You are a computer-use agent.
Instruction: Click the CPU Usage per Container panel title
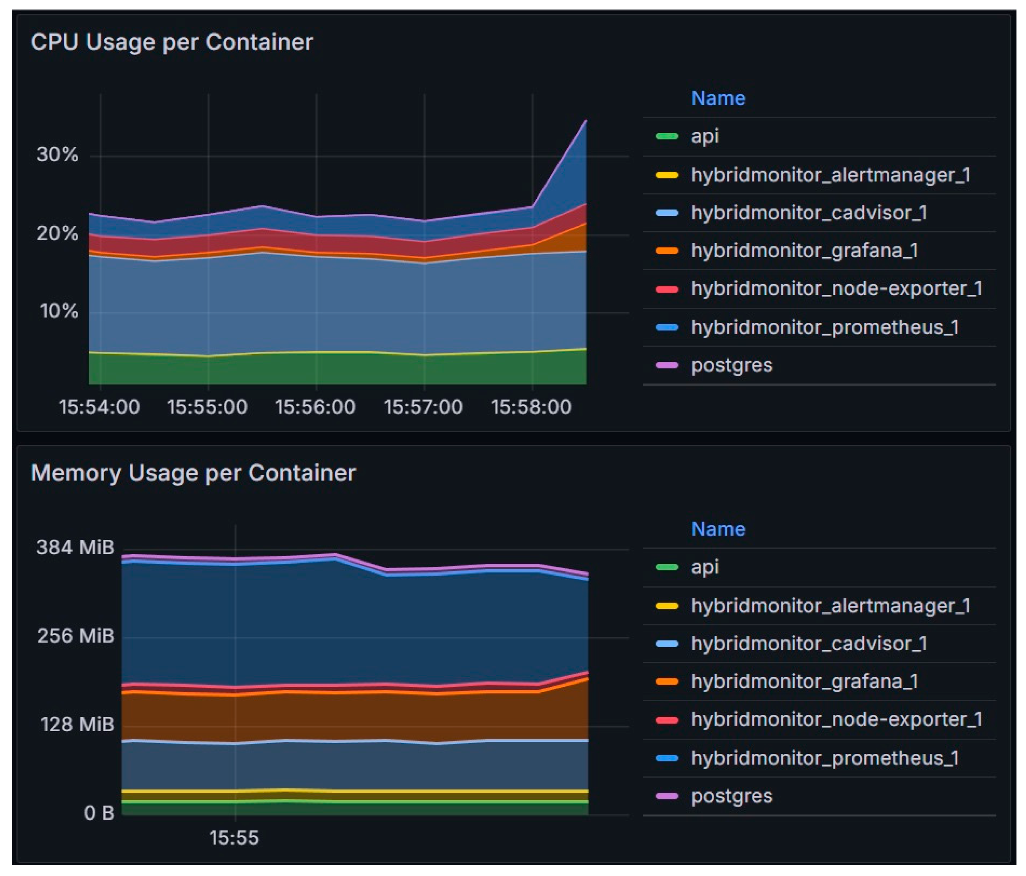pos(171,42)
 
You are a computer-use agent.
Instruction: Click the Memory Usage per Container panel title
pos(193,473)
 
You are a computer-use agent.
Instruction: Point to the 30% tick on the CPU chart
pos(57,155)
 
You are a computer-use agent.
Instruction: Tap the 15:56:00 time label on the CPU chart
pos(315,407)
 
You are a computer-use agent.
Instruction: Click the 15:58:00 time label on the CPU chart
pos(531,407)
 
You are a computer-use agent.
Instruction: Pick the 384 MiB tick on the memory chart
pos(75,547)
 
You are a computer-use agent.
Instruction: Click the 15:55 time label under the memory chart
pos(234,838)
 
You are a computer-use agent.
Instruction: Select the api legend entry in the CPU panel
pos(705,136)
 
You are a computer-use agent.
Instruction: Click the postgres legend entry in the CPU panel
pos(731,365)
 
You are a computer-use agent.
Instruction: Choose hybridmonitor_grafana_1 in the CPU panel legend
pos(804,251)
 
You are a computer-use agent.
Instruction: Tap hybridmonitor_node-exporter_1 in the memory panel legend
pos(836,720)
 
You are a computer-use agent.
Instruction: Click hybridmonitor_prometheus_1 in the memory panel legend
pos(825,758)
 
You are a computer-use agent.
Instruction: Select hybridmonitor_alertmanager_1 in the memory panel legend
pos(830,606)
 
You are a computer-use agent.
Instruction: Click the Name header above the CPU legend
pos(718,98)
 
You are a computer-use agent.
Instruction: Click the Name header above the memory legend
pos(718,529)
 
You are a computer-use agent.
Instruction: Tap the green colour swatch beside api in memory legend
pos(667,567)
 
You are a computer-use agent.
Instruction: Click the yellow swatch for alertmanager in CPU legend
pos(667,175)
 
